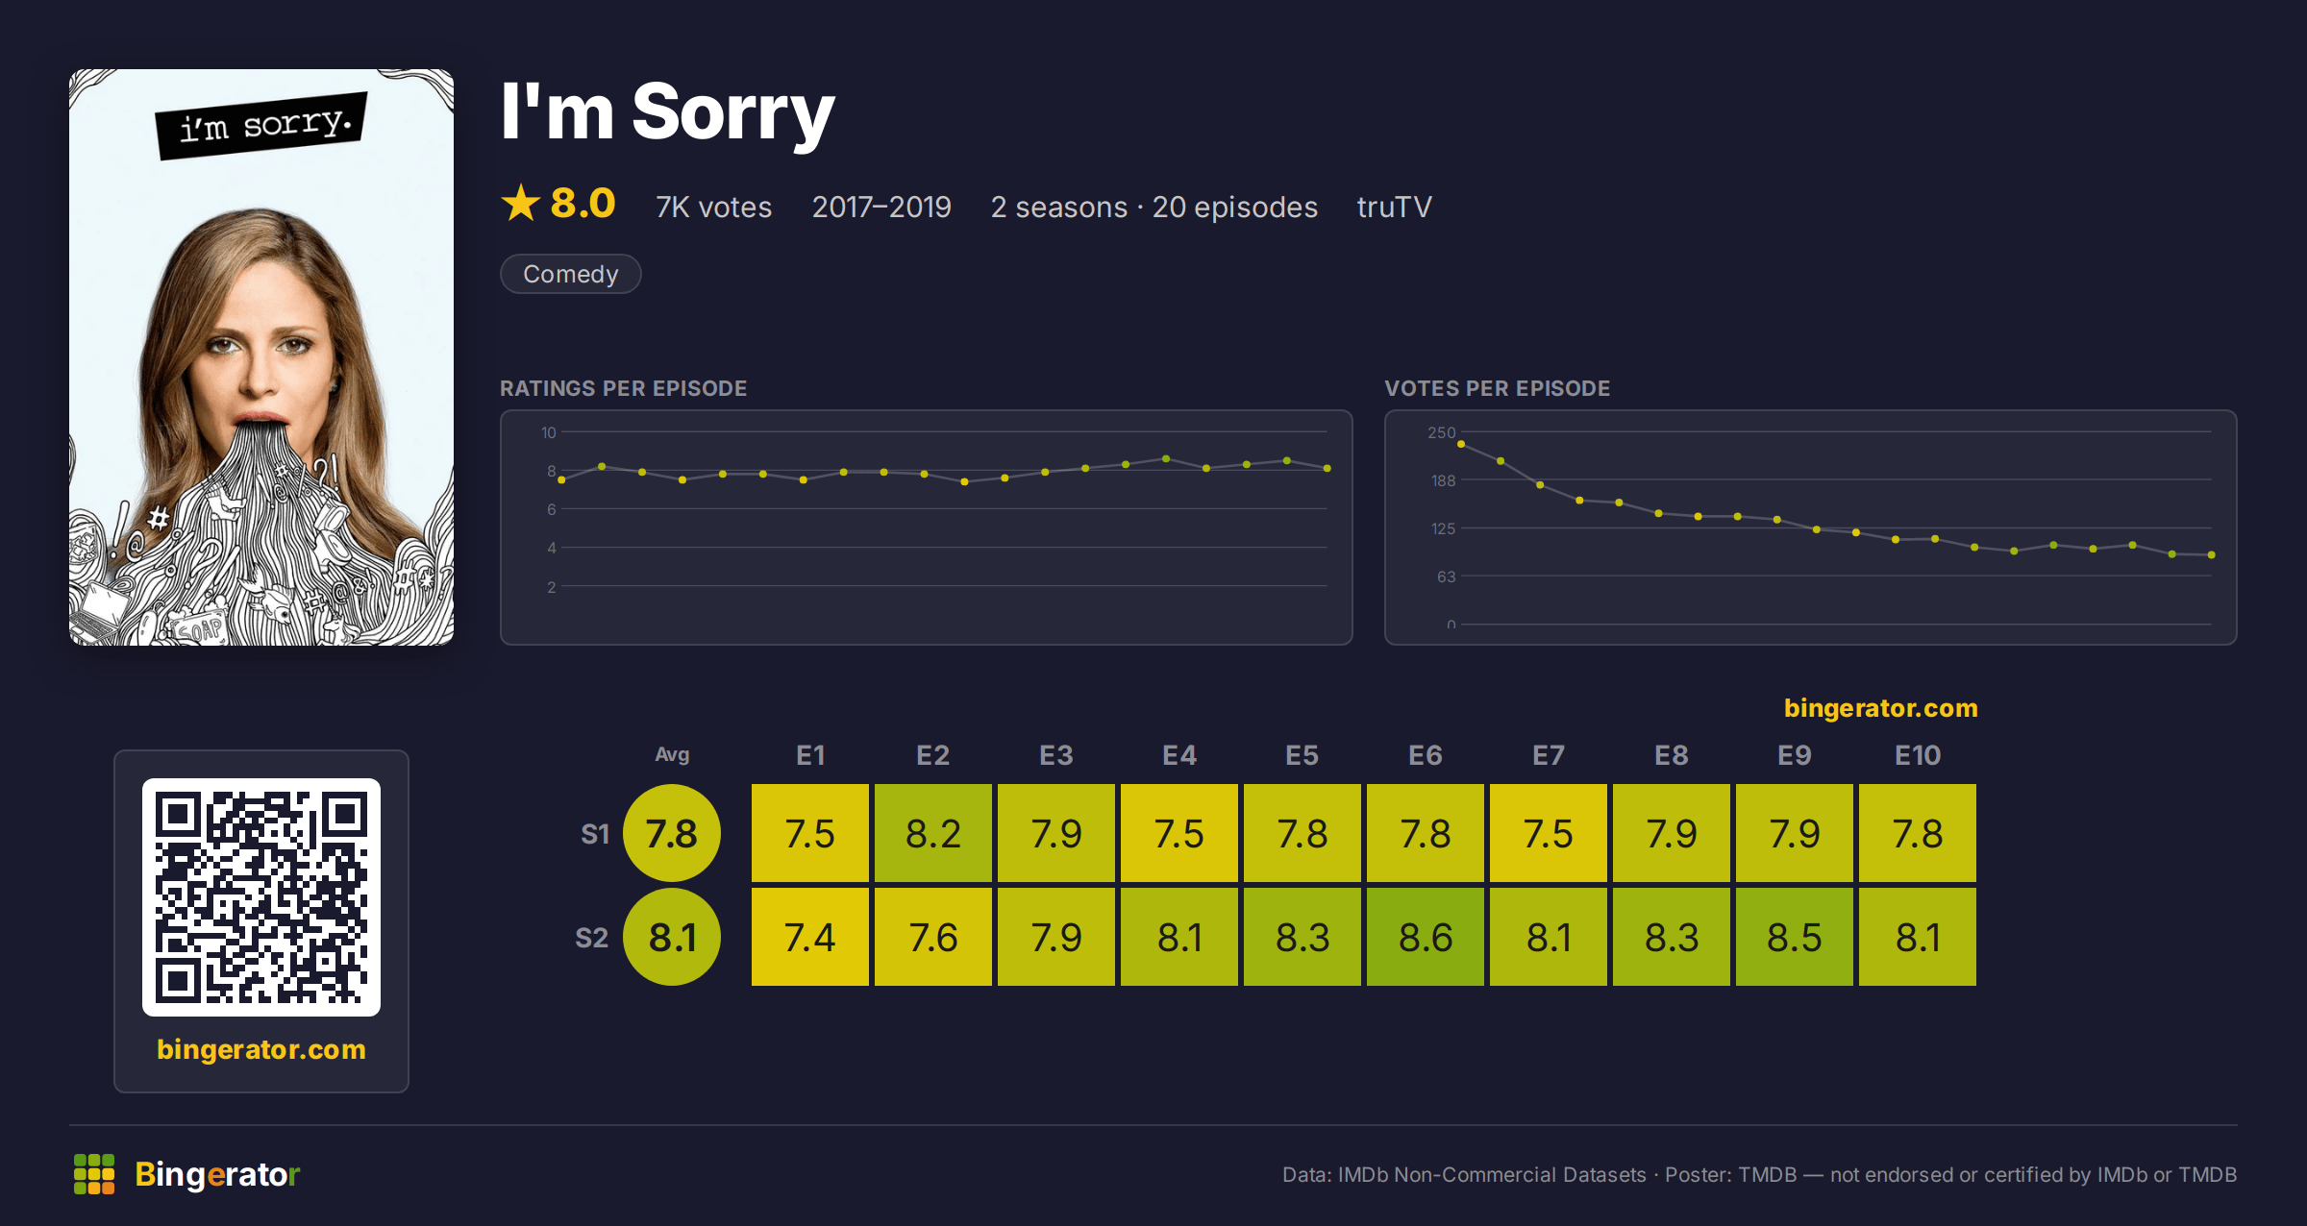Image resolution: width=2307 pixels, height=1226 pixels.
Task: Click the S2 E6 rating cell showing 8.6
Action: [1426, 937]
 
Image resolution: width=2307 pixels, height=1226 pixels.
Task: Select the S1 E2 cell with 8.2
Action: [933, 833]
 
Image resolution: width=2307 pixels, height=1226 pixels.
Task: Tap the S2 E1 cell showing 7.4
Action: [810, 937]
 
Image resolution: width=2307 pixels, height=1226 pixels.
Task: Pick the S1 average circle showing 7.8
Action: [672, 833]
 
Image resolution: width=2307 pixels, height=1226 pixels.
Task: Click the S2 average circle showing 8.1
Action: [672, 937]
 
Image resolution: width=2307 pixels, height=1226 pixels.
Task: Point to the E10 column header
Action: [1918, 755]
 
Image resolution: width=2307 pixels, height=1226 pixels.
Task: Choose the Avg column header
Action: [672, 755]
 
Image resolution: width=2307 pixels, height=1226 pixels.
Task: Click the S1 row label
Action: [595, 834]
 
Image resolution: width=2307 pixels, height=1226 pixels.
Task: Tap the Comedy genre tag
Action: [571, 274]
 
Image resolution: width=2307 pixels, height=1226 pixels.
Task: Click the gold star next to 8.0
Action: [521, 203]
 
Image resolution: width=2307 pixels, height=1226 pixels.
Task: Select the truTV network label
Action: [1394, 207]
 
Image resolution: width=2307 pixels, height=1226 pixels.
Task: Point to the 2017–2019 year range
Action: [881, 207]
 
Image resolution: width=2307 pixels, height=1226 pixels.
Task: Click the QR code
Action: [261, 897]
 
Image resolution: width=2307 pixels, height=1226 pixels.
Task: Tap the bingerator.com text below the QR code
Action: [261, 1049]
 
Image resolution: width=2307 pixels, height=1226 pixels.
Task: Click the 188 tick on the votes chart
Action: [1443, 480]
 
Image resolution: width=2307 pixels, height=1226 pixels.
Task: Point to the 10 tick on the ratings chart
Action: [548, 432]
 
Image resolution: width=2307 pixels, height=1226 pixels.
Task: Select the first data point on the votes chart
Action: [1461, 444]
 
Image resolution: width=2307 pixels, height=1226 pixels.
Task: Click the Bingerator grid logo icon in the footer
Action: [94, 1174]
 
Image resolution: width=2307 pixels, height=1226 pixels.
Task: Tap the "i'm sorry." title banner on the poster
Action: [261, 125]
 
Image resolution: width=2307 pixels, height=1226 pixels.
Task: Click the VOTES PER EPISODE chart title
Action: [1497, 388]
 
